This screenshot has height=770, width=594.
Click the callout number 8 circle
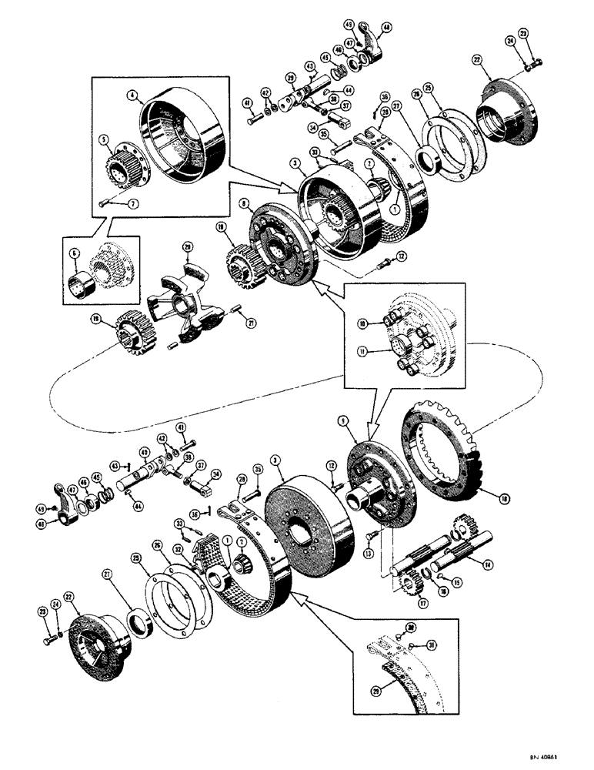click(243, 205)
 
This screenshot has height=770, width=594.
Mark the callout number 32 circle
click(179, 551)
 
